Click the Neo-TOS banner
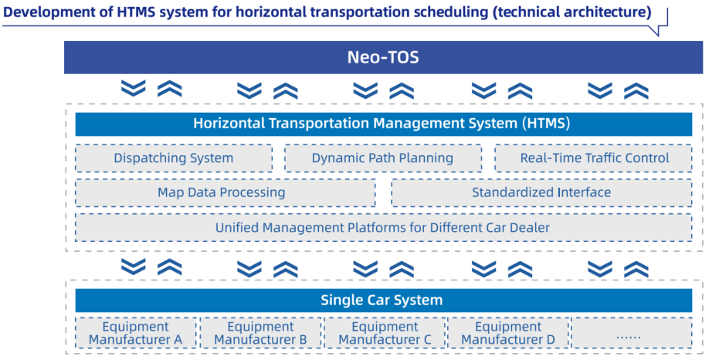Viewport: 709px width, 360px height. click(383, 57)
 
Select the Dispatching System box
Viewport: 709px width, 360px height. click(174, 158)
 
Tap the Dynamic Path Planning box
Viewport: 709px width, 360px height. click(382, 158)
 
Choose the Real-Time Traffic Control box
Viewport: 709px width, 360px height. click(593, 158)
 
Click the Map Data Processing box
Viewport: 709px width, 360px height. click(226, 192)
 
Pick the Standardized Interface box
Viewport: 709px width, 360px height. click(541, 192)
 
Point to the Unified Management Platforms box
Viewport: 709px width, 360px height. click(383, 227)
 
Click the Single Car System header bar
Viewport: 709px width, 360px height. click(383, 301)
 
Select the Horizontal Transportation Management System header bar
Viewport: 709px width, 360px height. click(383, 124)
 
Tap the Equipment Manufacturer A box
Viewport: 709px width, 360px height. click(136, 333)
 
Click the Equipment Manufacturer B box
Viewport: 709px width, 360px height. click(260, 333)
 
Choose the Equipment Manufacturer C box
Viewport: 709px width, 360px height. click(385, 333)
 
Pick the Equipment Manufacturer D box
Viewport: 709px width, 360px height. click(508, 333)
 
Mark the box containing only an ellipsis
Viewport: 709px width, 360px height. click(632, 333)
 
